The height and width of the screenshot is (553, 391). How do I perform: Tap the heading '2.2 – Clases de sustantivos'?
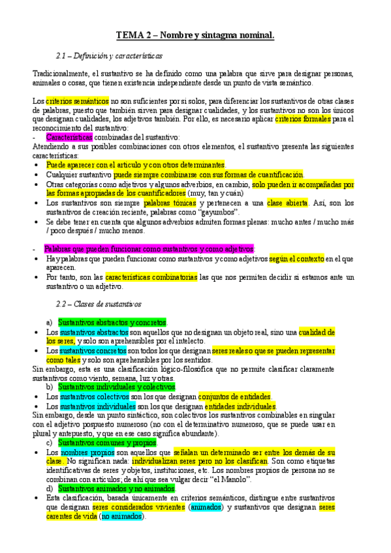point(99,304)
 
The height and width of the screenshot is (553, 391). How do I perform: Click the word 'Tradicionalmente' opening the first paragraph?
point(61,74)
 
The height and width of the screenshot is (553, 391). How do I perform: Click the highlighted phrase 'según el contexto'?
point(296,259)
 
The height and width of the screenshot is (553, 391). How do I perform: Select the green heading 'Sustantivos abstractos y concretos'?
point(112,323)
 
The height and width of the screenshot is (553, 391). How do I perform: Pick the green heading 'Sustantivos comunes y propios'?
point(107,443)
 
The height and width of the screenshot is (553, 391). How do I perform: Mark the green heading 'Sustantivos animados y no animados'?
point(116,488)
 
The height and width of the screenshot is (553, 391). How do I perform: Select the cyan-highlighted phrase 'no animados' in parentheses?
point(121,516)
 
